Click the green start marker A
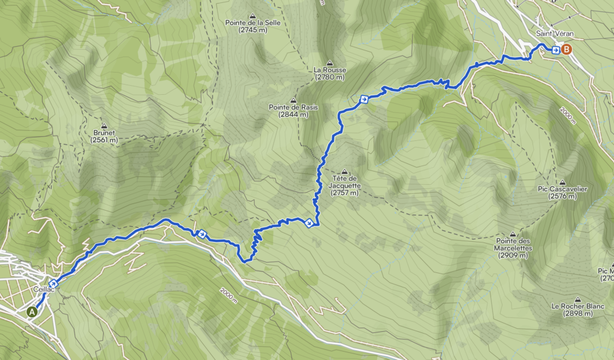[31, 311]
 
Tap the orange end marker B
[567, 50]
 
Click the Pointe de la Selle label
[252, 23]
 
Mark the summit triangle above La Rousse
[329, 62]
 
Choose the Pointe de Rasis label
[293, 107]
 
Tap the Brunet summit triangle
[104, 127]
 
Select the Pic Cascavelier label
[562, 189]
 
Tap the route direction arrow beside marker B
[556, 50]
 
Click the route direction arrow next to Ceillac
[53, 283]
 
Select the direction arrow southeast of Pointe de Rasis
[363, 99]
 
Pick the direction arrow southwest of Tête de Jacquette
[309, 223]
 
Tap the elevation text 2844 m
[293, 114]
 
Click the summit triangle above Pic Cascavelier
[562, 182]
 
